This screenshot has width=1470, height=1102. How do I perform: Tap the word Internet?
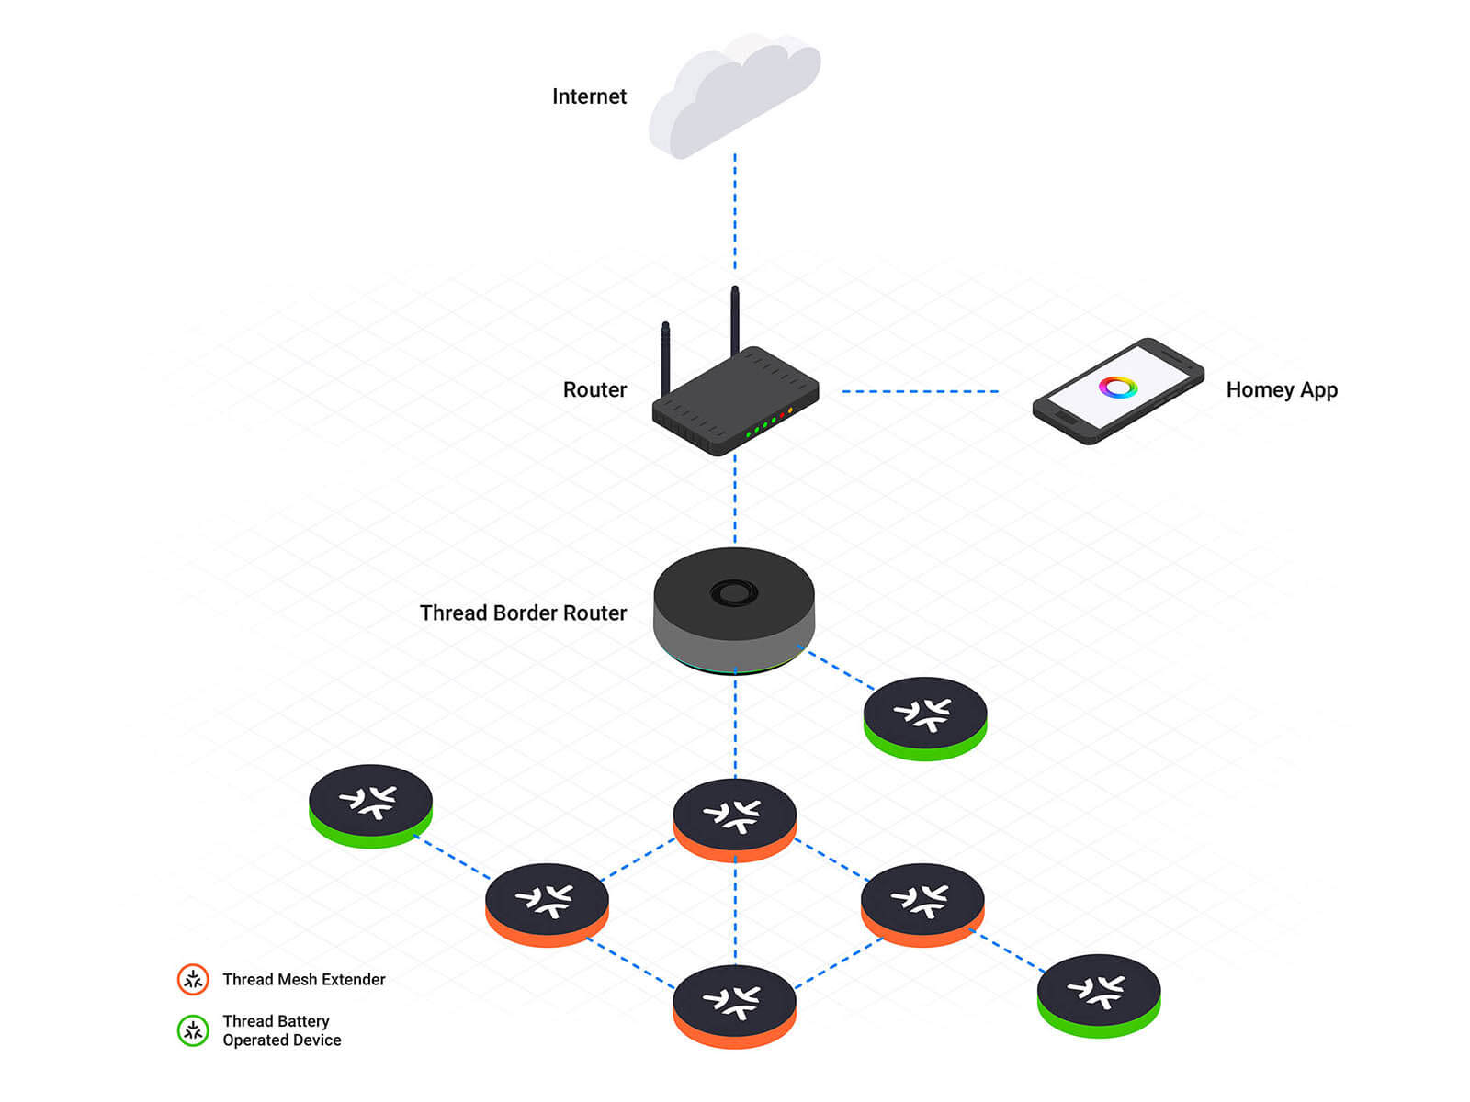coord(589,96)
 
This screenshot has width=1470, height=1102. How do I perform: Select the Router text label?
coord(594,389)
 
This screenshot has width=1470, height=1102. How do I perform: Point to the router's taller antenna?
coord(735,321)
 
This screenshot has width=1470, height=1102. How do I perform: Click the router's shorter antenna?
coord(666,358)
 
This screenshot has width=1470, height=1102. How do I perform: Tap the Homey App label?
coord(1282,389)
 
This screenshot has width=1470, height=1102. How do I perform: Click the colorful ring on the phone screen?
coord(1117,388)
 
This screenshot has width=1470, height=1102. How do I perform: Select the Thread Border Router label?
coord(523,613)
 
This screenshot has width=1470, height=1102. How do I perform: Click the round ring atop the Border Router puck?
coord(734,592)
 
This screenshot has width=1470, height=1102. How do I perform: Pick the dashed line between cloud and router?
coord(735,211)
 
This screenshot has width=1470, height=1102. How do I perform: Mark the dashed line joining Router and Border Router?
coord(735,500)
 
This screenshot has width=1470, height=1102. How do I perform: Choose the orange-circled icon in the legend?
coord(193,980)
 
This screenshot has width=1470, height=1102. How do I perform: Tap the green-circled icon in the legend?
coord(193,1030)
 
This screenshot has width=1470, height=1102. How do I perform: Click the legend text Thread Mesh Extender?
coord(304,980)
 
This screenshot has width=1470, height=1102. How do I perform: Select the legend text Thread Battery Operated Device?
coord(281,1030)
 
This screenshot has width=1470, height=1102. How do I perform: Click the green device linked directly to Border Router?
coord(925,717)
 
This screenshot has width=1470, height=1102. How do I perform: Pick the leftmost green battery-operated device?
coord(370,804)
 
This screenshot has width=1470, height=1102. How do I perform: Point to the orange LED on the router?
coord(790,410)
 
